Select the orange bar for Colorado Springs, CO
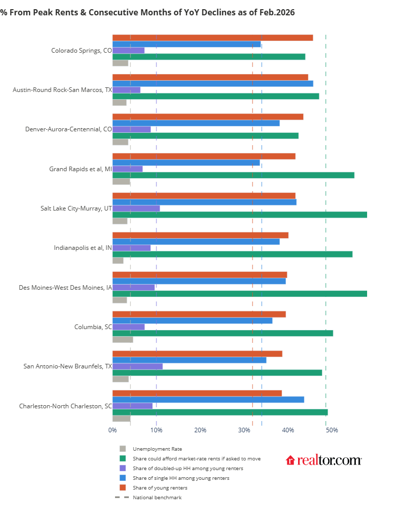[212, 38]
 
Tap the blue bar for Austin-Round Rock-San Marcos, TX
[212, 83]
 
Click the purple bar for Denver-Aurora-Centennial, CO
[131, 129]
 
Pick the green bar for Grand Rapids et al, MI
[233, 175]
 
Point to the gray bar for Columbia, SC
[123, 339]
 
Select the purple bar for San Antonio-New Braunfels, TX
[137, 366]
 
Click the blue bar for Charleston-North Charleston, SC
[208, 400]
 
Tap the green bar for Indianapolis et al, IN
[232, 254]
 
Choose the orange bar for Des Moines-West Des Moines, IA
[199, 275]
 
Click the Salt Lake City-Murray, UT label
[76, 208]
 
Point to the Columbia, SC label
[93, 327]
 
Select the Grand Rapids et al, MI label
[80, 169]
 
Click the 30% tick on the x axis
[244, 430]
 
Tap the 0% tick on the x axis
[112, 430]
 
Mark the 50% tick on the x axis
[332, 430]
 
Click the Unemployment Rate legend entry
[157, 449]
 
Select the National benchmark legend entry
[157, 498]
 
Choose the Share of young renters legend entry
[160, 488]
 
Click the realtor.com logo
[324, 460]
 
